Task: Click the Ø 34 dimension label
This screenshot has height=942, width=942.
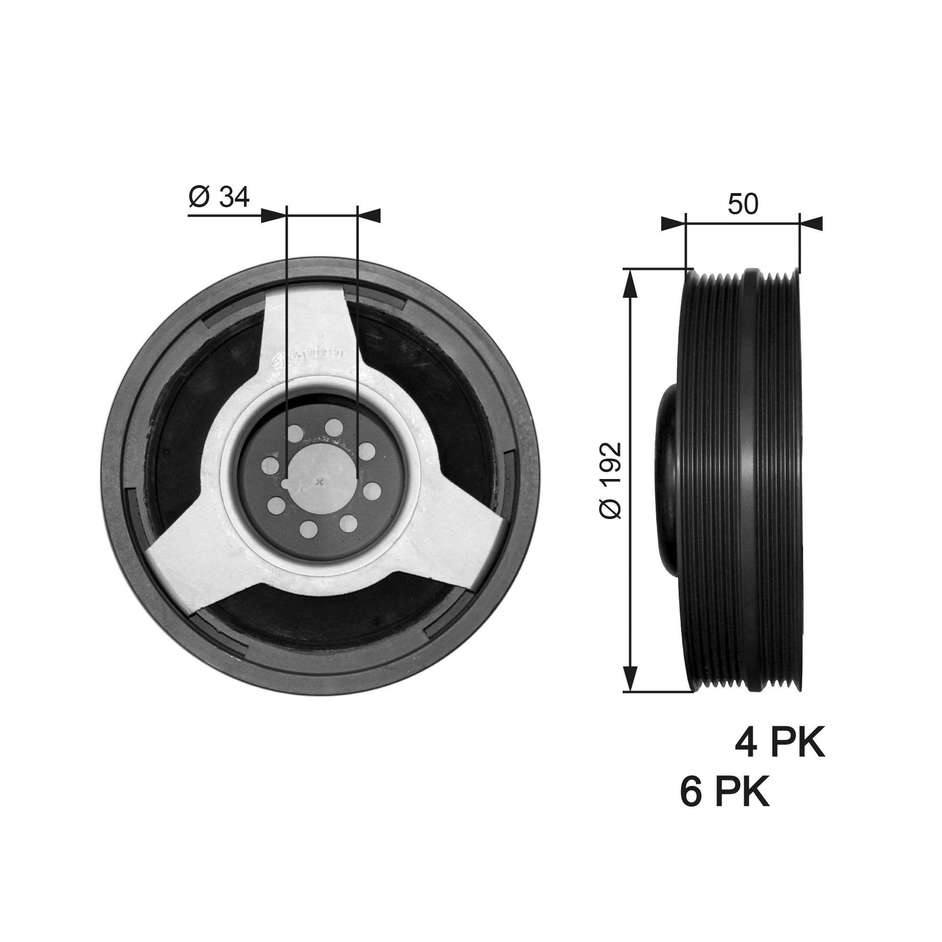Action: (x=219, y=197)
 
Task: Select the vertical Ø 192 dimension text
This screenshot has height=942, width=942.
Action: (x=610, y=480)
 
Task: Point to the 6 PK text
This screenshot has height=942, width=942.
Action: (x=724, y=793)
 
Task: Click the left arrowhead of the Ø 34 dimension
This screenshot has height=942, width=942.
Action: (x=274, y=216)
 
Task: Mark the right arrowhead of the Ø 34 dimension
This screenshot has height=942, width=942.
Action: (x=369, y=216)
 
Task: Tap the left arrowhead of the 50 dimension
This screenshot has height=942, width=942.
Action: (x=673, y=224)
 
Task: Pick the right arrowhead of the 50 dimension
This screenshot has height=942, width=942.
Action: (x=811, y=224)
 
